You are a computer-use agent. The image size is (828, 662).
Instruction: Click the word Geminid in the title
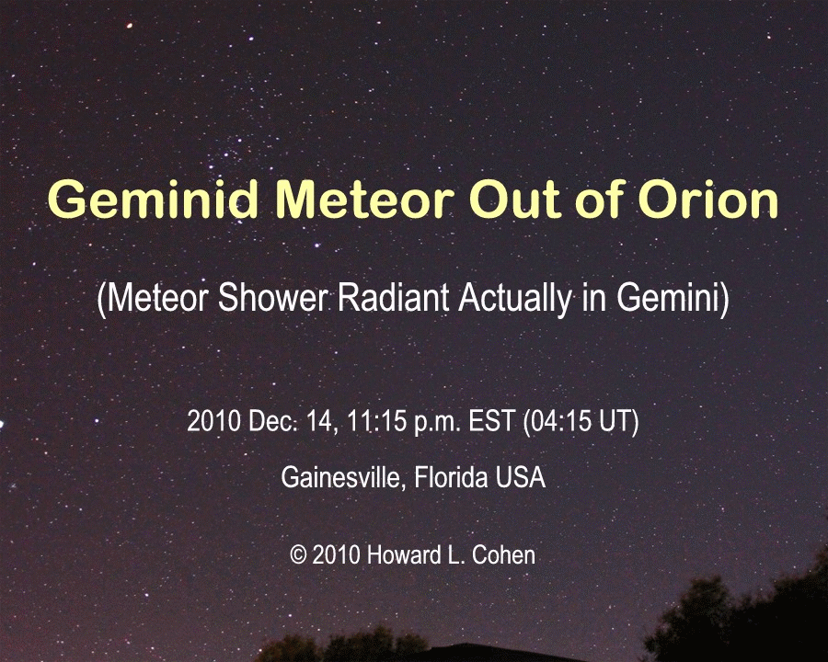(153, 199)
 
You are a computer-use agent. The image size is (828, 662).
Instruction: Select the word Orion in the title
(708, 199)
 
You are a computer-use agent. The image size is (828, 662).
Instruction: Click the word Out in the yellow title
(514, 199)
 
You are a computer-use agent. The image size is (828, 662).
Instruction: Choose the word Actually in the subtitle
(515, 298)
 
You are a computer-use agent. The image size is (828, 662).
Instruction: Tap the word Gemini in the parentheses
(668, 297)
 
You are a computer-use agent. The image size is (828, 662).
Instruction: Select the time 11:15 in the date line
(376, 421)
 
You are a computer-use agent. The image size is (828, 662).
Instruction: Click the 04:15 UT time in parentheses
(581, 421)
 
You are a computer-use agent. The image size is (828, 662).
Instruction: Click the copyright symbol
(298, 555)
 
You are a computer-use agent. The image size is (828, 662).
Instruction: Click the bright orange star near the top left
(129, 25)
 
